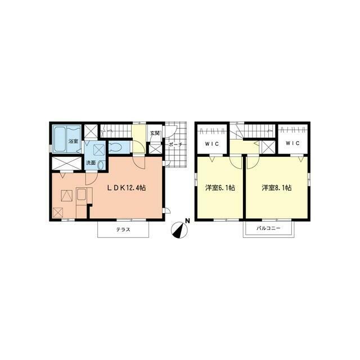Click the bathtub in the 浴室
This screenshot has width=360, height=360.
pos(61,138)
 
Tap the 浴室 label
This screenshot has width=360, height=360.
pos(73,141)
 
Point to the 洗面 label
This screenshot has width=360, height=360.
pos(91,163)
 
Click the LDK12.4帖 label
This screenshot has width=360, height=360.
pos(127,188)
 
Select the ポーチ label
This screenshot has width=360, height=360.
pos(175,144)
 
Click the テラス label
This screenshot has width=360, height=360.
pos(123,229)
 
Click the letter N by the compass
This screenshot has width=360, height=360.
pos(188,220)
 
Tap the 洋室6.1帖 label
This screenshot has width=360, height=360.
pos(220,188)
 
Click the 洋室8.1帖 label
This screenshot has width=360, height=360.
pos(276,188)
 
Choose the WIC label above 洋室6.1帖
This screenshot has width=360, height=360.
pos(211,143)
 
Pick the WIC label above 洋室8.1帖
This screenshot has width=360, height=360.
pos(292,143)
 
